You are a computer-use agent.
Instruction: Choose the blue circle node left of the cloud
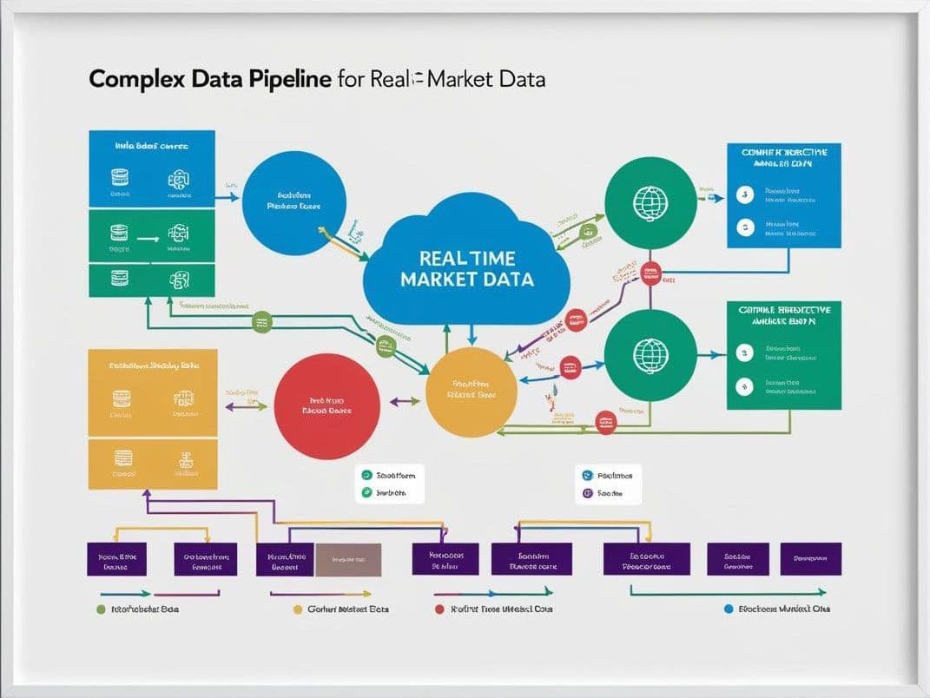pyautogui.click(x=294, y=202)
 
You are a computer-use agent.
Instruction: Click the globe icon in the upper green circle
pyautogui.click(x=650, y=201)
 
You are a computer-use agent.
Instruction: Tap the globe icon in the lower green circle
pyautogui.click(x=650, y=355)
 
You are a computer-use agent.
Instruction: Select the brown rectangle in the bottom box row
pyautogui.click(x=347, y=560)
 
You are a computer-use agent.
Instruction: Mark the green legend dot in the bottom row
pyautogui.click(x=100, y=609)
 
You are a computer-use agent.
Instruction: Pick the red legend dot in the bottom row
pyautogui.click(x=439, y=609)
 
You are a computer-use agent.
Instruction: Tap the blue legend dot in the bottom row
pyautogui.click(x=728, y=609)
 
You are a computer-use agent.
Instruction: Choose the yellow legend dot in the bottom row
pyautogui.click(x=299, y=609)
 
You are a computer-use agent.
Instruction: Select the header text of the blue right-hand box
pyautogui.click(x=783, y=157)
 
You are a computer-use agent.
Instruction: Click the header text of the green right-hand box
pyautogui.click(x=783, y=315)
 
